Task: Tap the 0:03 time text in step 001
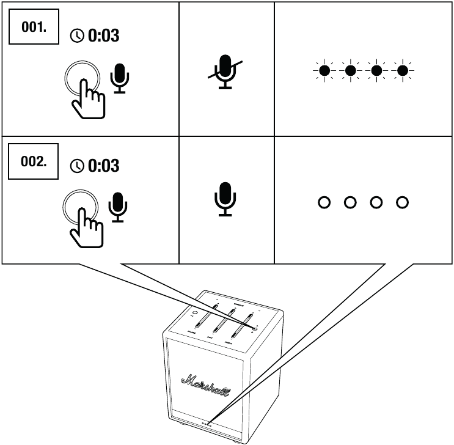103,36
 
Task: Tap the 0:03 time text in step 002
103,166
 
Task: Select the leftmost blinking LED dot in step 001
324,71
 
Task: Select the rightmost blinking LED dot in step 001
401,71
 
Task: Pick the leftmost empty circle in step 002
324,202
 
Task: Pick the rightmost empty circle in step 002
401,202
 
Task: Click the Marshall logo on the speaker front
201,382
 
